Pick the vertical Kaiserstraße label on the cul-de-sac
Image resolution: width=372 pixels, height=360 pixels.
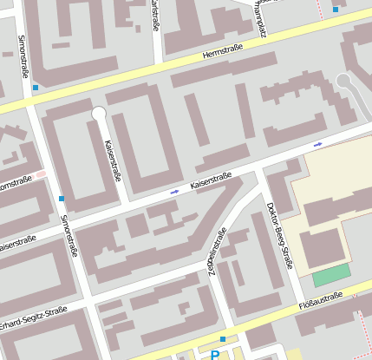(113, 160)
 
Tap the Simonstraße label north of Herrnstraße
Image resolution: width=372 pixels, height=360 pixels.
(22, 54)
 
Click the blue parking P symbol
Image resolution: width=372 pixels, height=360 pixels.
(214, 354)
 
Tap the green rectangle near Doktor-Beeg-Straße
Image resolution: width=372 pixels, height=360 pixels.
(331, 276)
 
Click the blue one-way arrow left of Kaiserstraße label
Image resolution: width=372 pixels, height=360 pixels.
(175, 191)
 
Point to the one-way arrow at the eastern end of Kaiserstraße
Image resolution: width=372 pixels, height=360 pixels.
(318, 144)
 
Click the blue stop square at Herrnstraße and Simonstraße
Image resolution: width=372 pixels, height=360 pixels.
(36, 88)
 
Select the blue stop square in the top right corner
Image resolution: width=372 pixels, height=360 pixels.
(336, 10)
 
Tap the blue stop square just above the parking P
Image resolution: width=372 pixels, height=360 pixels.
(223, 339)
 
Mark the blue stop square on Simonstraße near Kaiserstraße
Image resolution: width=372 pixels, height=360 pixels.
(62, 199)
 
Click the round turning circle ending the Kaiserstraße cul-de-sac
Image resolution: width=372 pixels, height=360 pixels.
(99, 113)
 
